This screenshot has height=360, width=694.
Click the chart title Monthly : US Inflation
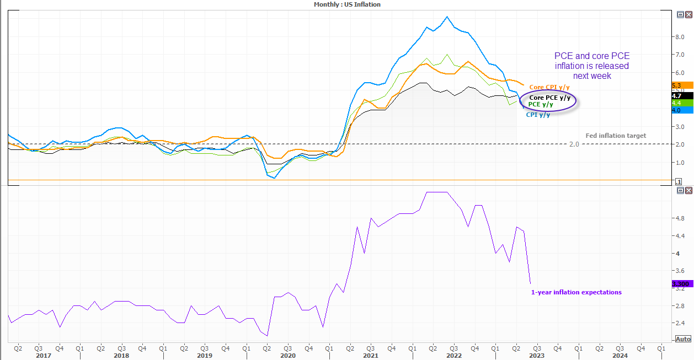click(x=347, y=4)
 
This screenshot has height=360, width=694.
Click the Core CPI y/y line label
click(x=549, y=87)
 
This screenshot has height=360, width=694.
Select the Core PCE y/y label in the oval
click(x=549, y=98)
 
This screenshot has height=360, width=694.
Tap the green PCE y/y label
click(x=540, y=104)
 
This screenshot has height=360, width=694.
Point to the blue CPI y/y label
click(x=538, y=115)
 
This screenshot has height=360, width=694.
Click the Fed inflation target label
click(x=616, y=136)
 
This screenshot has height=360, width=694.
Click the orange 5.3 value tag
click(x=682, y=85)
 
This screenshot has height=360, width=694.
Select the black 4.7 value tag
click(x=682, y=96)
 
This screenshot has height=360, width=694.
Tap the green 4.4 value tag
click(x=682, y=103)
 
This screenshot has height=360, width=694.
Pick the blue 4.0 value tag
click(x=682, y=110)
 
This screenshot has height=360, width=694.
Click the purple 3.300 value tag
click(x=682, y=283)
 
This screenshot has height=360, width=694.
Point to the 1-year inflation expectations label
click(x=576, y=292)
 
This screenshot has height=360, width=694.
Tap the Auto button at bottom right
click(x=683, y=339)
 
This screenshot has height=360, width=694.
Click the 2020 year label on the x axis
click(x=288, y=356)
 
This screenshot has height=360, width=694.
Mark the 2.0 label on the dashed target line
click(x=574, y=144)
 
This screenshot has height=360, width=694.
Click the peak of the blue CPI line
click(x=447, y=17)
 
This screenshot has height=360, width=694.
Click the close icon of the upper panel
click(x=688, y=14)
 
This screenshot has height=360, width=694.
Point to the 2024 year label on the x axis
click(x=620, y=356)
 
